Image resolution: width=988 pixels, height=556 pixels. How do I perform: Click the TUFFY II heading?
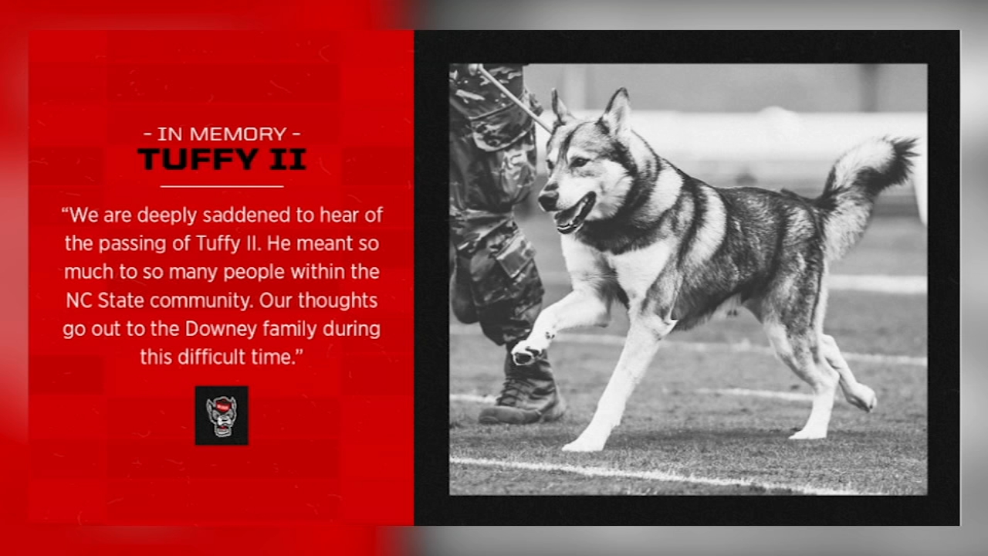click(222, 159)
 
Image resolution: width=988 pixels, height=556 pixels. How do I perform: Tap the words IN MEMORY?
click(222, 134)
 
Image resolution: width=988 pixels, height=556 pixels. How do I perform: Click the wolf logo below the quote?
click(222, 415)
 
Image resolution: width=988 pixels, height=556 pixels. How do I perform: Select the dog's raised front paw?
click(528, 351)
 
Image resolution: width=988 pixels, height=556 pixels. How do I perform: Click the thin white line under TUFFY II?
click(222, 186)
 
